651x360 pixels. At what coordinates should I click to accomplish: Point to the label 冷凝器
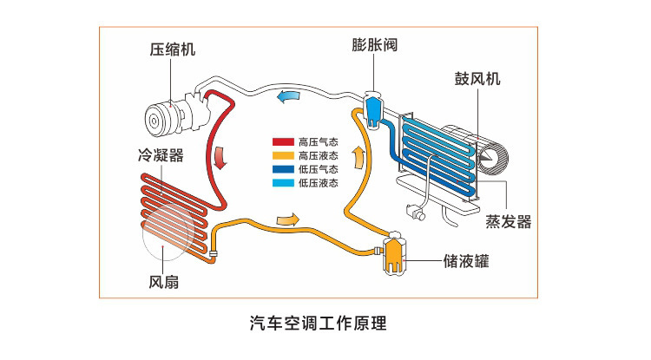tap(160, 157)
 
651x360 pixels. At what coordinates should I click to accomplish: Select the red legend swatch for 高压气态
tap(282, 141)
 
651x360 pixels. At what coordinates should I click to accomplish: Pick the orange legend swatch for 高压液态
tap(282, 155)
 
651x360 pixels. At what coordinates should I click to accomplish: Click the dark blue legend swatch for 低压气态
tap(282, 169)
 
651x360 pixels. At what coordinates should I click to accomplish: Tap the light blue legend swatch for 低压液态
tap(282, 183)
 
